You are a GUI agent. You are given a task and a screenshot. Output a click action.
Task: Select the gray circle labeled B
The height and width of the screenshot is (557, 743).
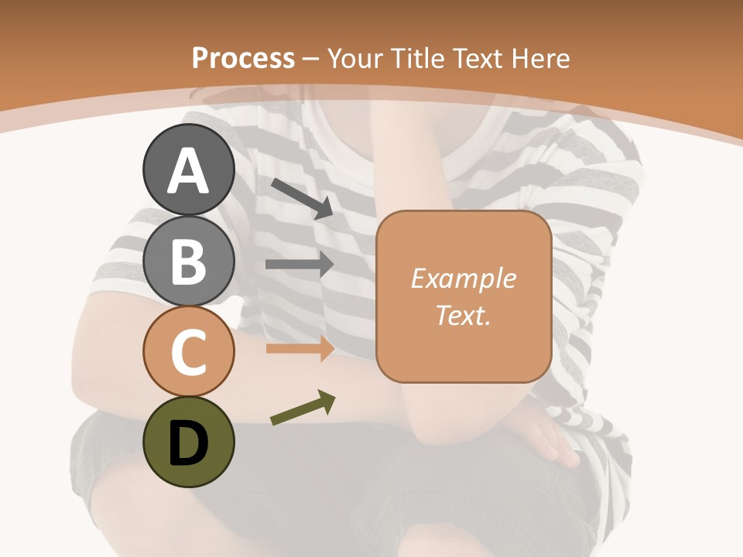point(188,261)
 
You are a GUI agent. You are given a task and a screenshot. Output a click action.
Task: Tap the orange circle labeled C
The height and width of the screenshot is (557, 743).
point(188,351)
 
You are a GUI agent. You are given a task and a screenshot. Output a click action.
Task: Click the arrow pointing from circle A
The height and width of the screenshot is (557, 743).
point(301,196)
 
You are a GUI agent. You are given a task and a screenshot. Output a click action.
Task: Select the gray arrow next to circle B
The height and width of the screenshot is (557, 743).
point(300,265)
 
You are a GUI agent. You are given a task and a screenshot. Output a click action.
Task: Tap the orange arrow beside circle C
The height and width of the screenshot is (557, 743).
point(300,348)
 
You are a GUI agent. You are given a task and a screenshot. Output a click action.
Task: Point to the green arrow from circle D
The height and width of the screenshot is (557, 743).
point(303,408)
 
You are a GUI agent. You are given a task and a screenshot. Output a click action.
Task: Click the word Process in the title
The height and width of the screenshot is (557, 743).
point(243,58)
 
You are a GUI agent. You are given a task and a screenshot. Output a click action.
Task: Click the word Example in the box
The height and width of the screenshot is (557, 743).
point(463,278)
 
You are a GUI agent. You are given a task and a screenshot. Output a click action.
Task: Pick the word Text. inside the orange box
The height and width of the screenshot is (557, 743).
point(463,316)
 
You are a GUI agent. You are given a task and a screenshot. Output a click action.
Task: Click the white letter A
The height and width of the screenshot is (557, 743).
point(188,172)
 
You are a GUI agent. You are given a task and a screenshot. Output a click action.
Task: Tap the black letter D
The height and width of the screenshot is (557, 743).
point(188,444)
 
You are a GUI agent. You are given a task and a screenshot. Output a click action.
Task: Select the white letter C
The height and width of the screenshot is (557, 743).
point(188,353)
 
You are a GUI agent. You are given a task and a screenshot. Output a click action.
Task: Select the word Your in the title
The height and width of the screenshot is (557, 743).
point(356,58)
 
